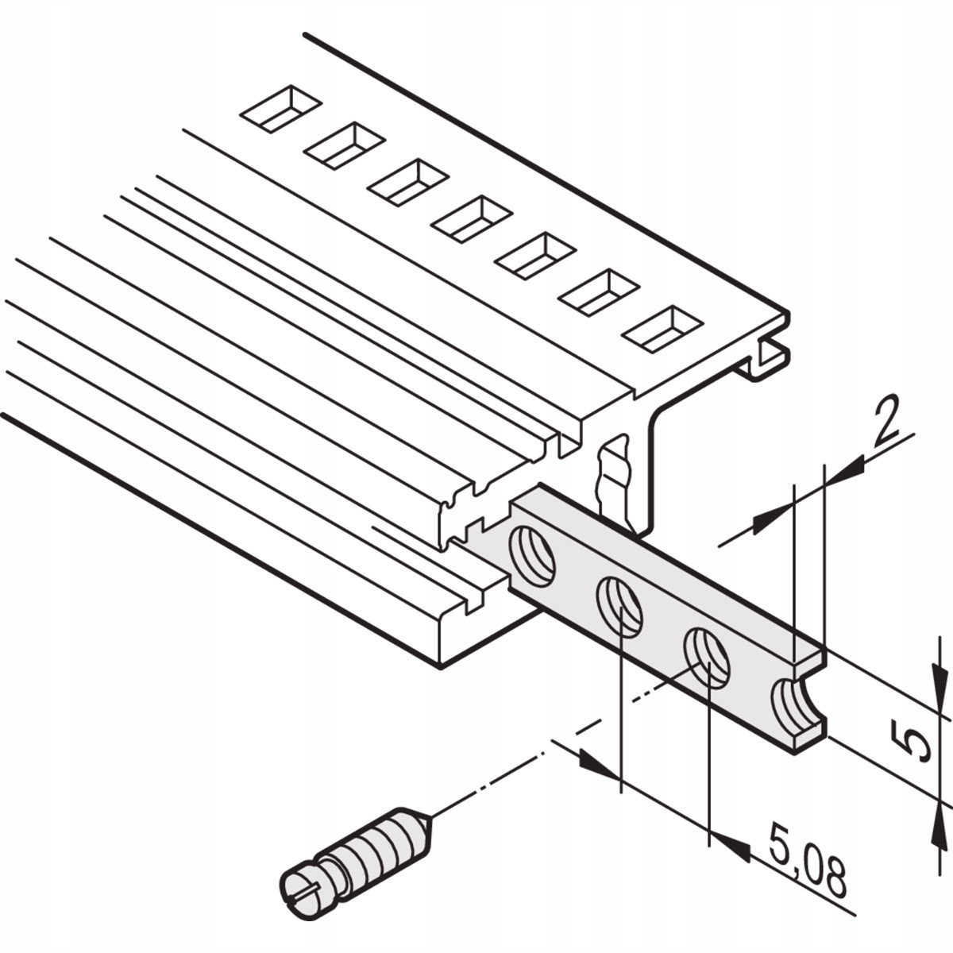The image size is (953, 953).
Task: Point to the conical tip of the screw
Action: click(x=422, y=827)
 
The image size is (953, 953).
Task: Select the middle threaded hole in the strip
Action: click(x=620, y=607)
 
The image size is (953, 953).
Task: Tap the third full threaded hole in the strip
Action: click(x=707, y=658)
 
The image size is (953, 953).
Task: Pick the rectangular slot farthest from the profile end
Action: click(x=281, y=110)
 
